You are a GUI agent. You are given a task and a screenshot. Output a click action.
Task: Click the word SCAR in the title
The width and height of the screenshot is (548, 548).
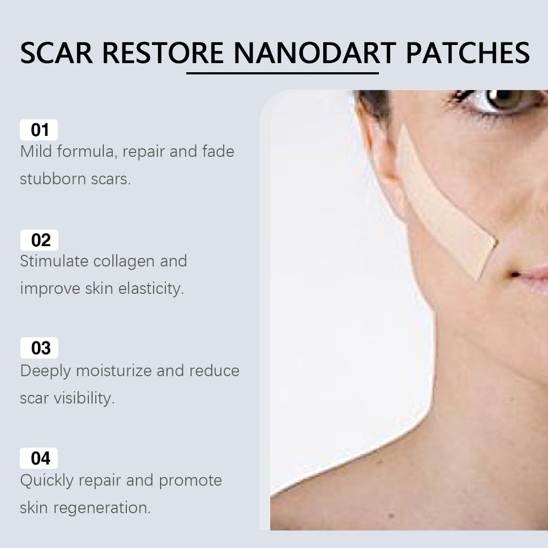pyautogui.click(x=57, y=53)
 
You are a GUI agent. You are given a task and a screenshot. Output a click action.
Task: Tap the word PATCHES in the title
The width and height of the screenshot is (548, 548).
pyautogui.click(x=468, y=53)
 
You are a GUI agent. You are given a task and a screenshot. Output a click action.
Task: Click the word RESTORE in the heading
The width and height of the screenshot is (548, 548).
pyautogui.click(x=163, y=53)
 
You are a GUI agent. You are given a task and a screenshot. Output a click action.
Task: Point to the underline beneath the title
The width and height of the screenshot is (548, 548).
pyautogui.click(x=283, y=73)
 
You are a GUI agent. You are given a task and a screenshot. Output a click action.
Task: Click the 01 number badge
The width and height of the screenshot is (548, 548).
pyautogui.click(x=39, y=130)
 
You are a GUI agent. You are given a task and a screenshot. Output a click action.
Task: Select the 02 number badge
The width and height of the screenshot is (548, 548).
pyautogui.click(x=39, y=240)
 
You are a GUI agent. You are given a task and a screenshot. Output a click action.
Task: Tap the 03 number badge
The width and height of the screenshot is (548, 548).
pyautogui.click(x=39, y=348)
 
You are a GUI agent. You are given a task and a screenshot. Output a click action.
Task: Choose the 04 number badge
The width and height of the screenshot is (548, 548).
pyautogui.click(x=39, y=458)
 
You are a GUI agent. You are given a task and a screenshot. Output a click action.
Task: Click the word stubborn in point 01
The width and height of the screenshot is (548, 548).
pyautogui.click(x=53, y=179)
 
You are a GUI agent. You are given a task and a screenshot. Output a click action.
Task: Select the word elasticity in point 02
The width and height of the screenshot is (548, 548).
pyautogui.click(x=151, y=288)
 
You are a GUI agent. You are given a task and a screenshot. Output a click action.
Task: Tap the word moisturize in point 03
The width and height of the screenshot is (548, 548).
pyautogui.click(x=113, y=370)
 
